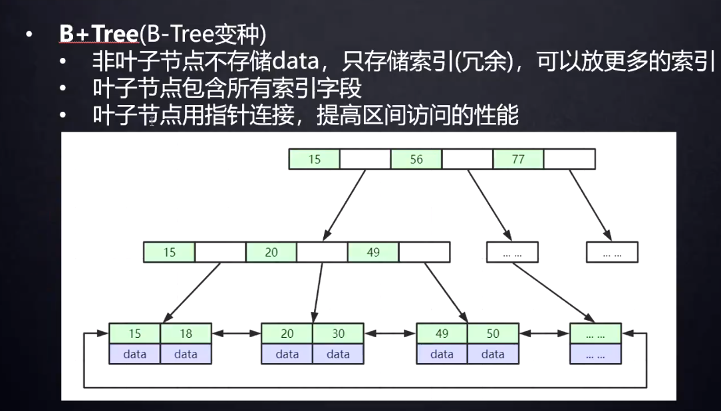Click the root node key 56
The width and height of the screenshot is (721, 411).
pyautogui.click(x=416, y=160)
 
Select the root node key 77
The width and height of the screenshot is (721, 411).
pyautogui.click(x=518, y=160)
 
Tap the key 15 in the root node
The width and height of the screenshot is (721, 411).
pyautogui.click(x=315, y=160)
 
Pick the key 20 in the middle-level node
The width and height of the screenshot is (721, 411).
pyautogui.click(x=271, y=253)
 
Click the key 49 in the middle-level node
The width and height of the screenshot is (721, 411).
pyautogui.click(x=373, y=253)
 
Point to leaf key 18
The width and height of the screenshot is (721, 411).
pyautogui.click(x=186, y=334)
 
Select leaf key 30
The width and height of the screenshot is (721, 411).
pyautogui.click(x=338, y=334)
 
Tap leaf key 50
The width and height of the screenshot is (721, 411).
pyautogui.click(x=493, y=334)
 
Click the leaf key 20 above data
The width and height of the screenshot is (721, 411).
pyautogui.click(x=287, y=334)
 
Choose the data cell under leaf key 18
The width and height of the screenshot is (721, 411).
pyautogui.click(x=186, y=354)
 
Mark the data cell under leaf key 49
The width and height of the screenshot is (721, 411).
pyautogui.click(x=442, y=354)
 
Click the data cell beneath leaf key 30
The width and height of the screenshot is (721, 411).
pyautogui.click(x=338, y=354)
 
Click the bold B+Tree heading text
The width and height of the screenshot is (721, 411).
pyautogui.click(x=97, y=34)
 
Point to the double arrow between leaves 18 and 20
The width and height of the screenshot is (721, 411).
pyautogui.click(x=236, y=334)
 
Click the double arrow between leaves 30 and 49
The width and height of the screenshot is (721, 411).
pyautogui.click(x=390, y=334)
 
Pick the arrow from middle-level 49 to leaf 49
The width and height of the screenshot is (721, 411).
pyautogui.click(x=446, y=292)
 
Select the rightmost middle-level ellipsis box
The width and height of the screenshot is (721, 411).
pyautogui.click(x=612, y=253)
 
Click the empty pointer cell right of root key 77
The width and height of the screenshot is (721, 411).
pyautogui.click(x=569, y=160)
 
